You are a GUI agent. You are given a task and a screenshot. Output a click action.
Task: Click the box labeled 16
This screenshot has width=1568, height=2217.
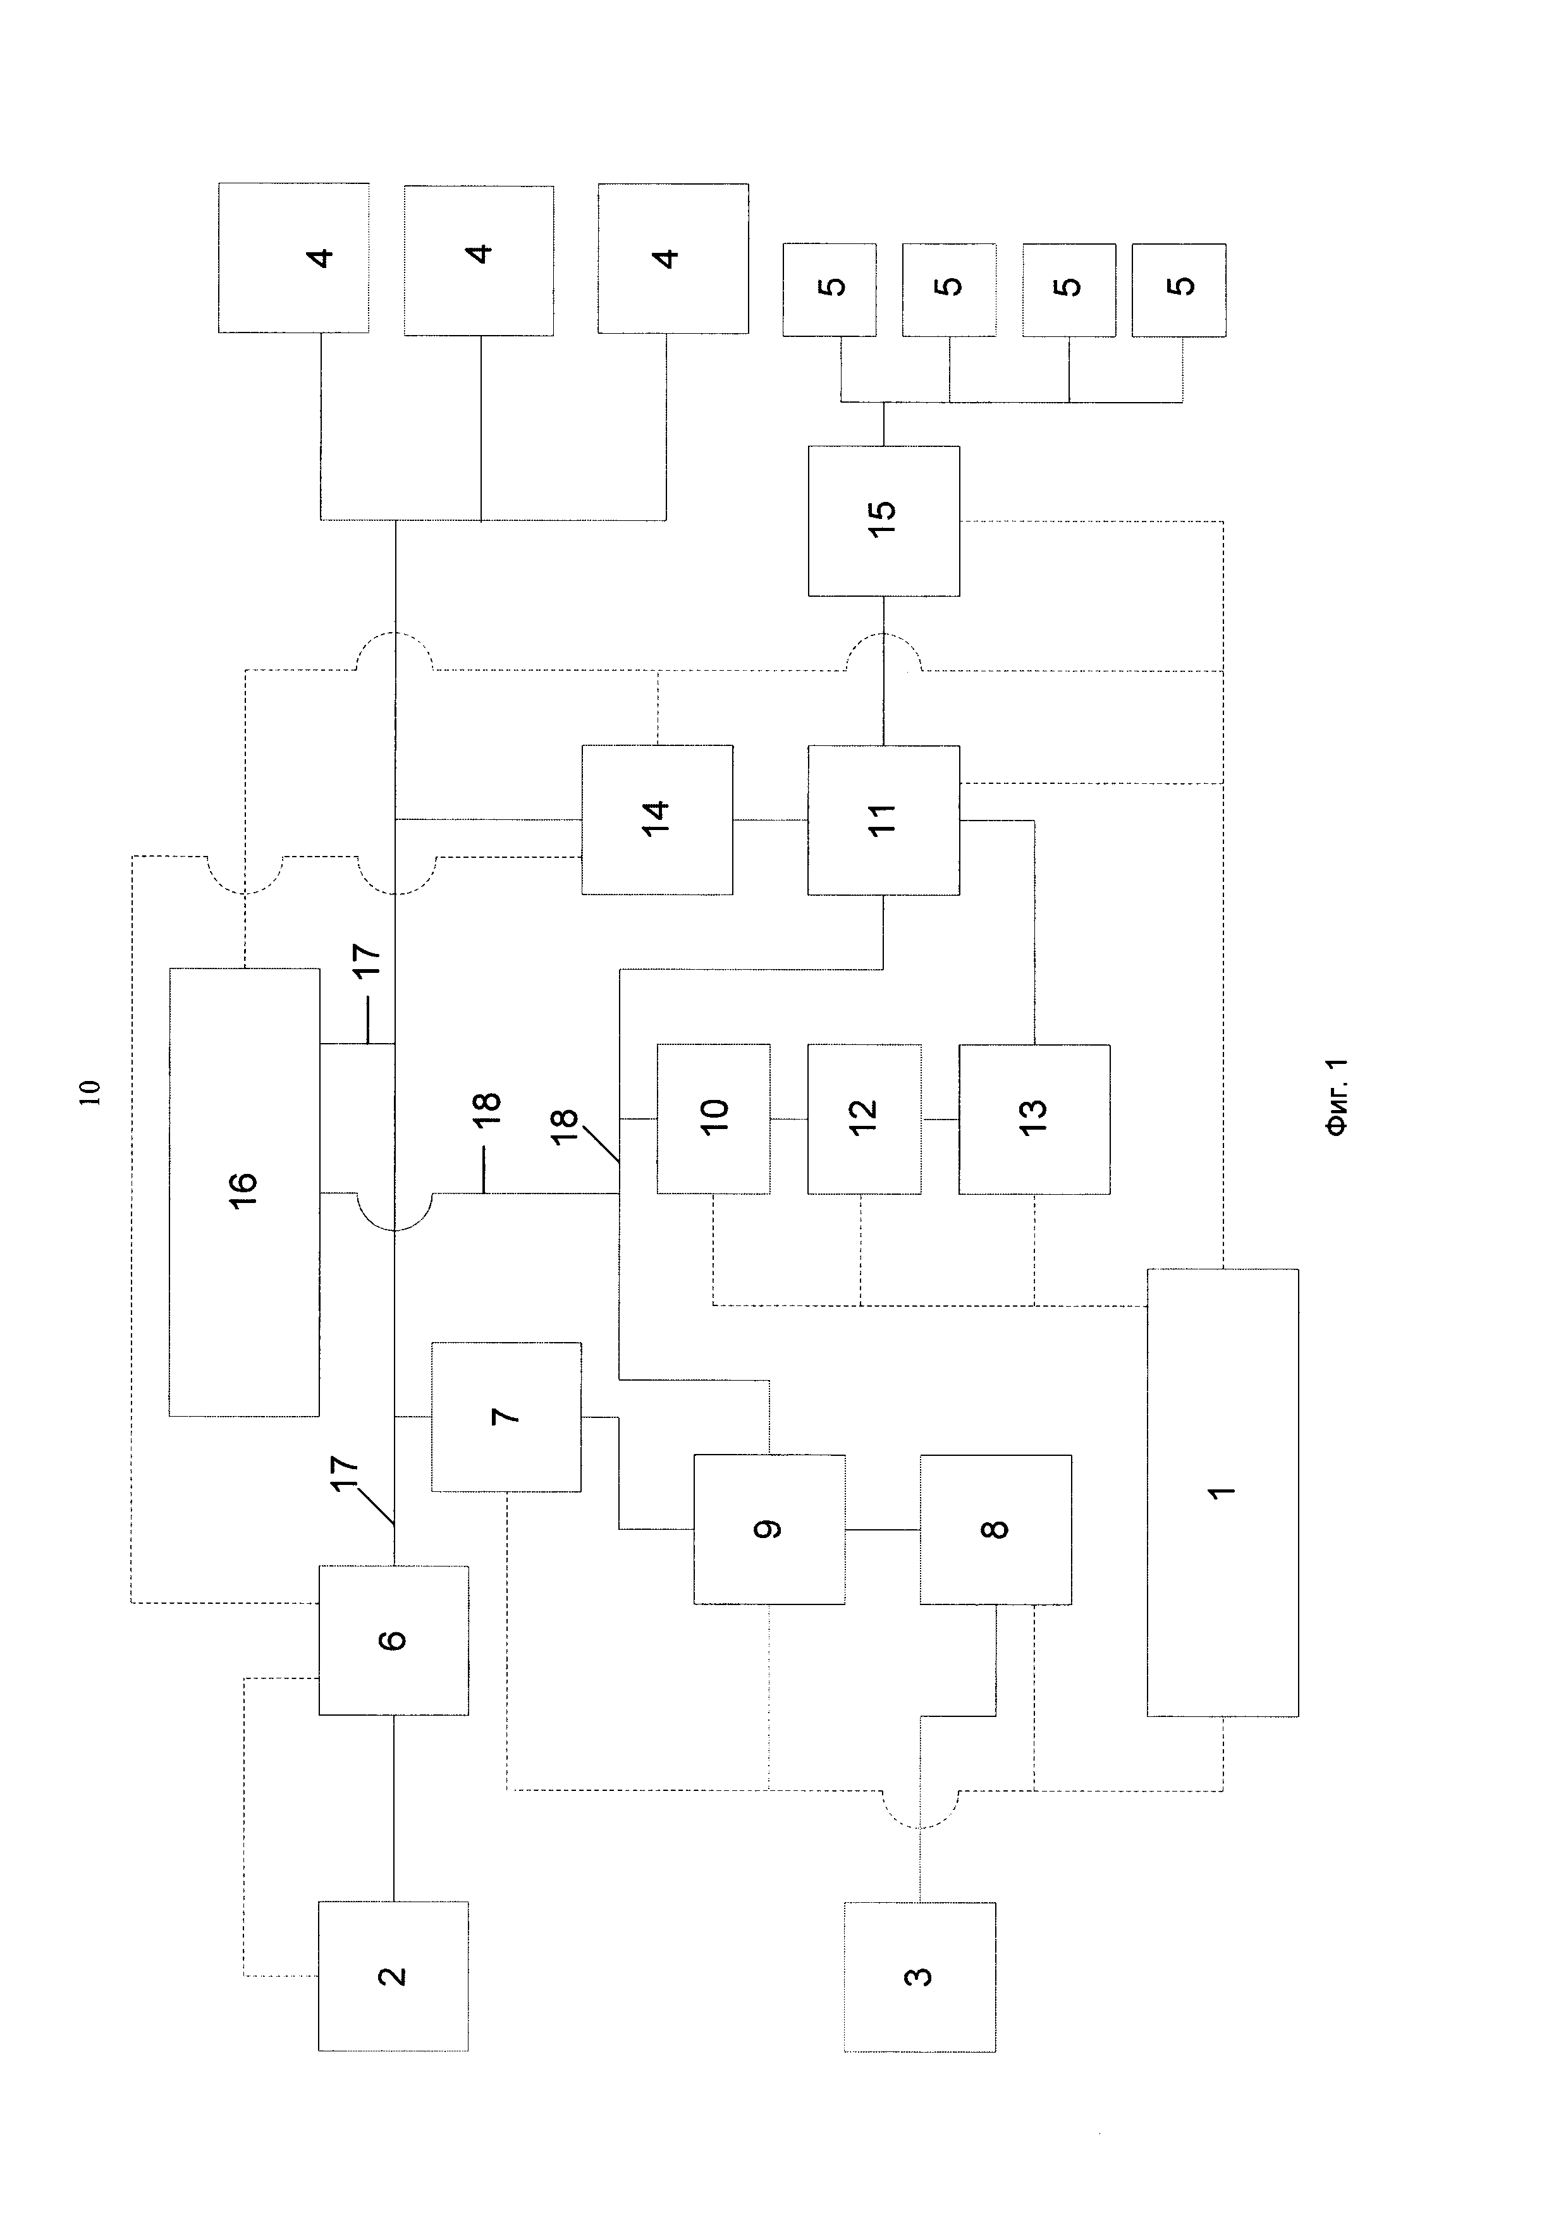pyautogui.click(x=244, y=1192)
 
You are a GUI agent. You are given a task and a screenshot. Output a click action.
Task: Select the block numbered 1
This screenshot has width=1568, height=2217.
pyautogui.click(x=1222, y=1493)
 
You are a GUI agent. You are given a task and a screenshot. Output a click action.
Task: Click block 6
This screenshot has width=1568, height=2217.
pyautogui.click(x=394, y=1640)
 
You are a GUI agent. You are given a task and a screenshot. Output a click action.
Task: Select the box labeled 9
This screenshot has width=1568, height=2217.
pyautogui.click(x=769, y=1529)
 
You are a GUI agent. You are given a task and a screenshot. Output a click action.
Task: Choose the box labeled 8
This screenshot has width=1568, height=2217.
pyautogui.click(x=995, y=1529)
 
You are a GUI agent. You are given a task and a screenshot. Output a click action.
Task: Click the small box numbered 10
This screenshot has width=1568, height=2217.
pyautogui.click(x=714, y=1118)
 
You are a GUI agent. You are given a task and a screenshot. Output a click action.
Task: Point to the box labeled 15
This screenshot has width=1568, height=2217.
pyautogui.click(x=883, y=520)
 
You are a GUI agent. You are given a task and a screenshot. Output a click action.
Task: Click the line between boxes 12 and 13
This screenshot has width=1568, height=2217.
pyautogui.click(x=940, y=1119)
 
